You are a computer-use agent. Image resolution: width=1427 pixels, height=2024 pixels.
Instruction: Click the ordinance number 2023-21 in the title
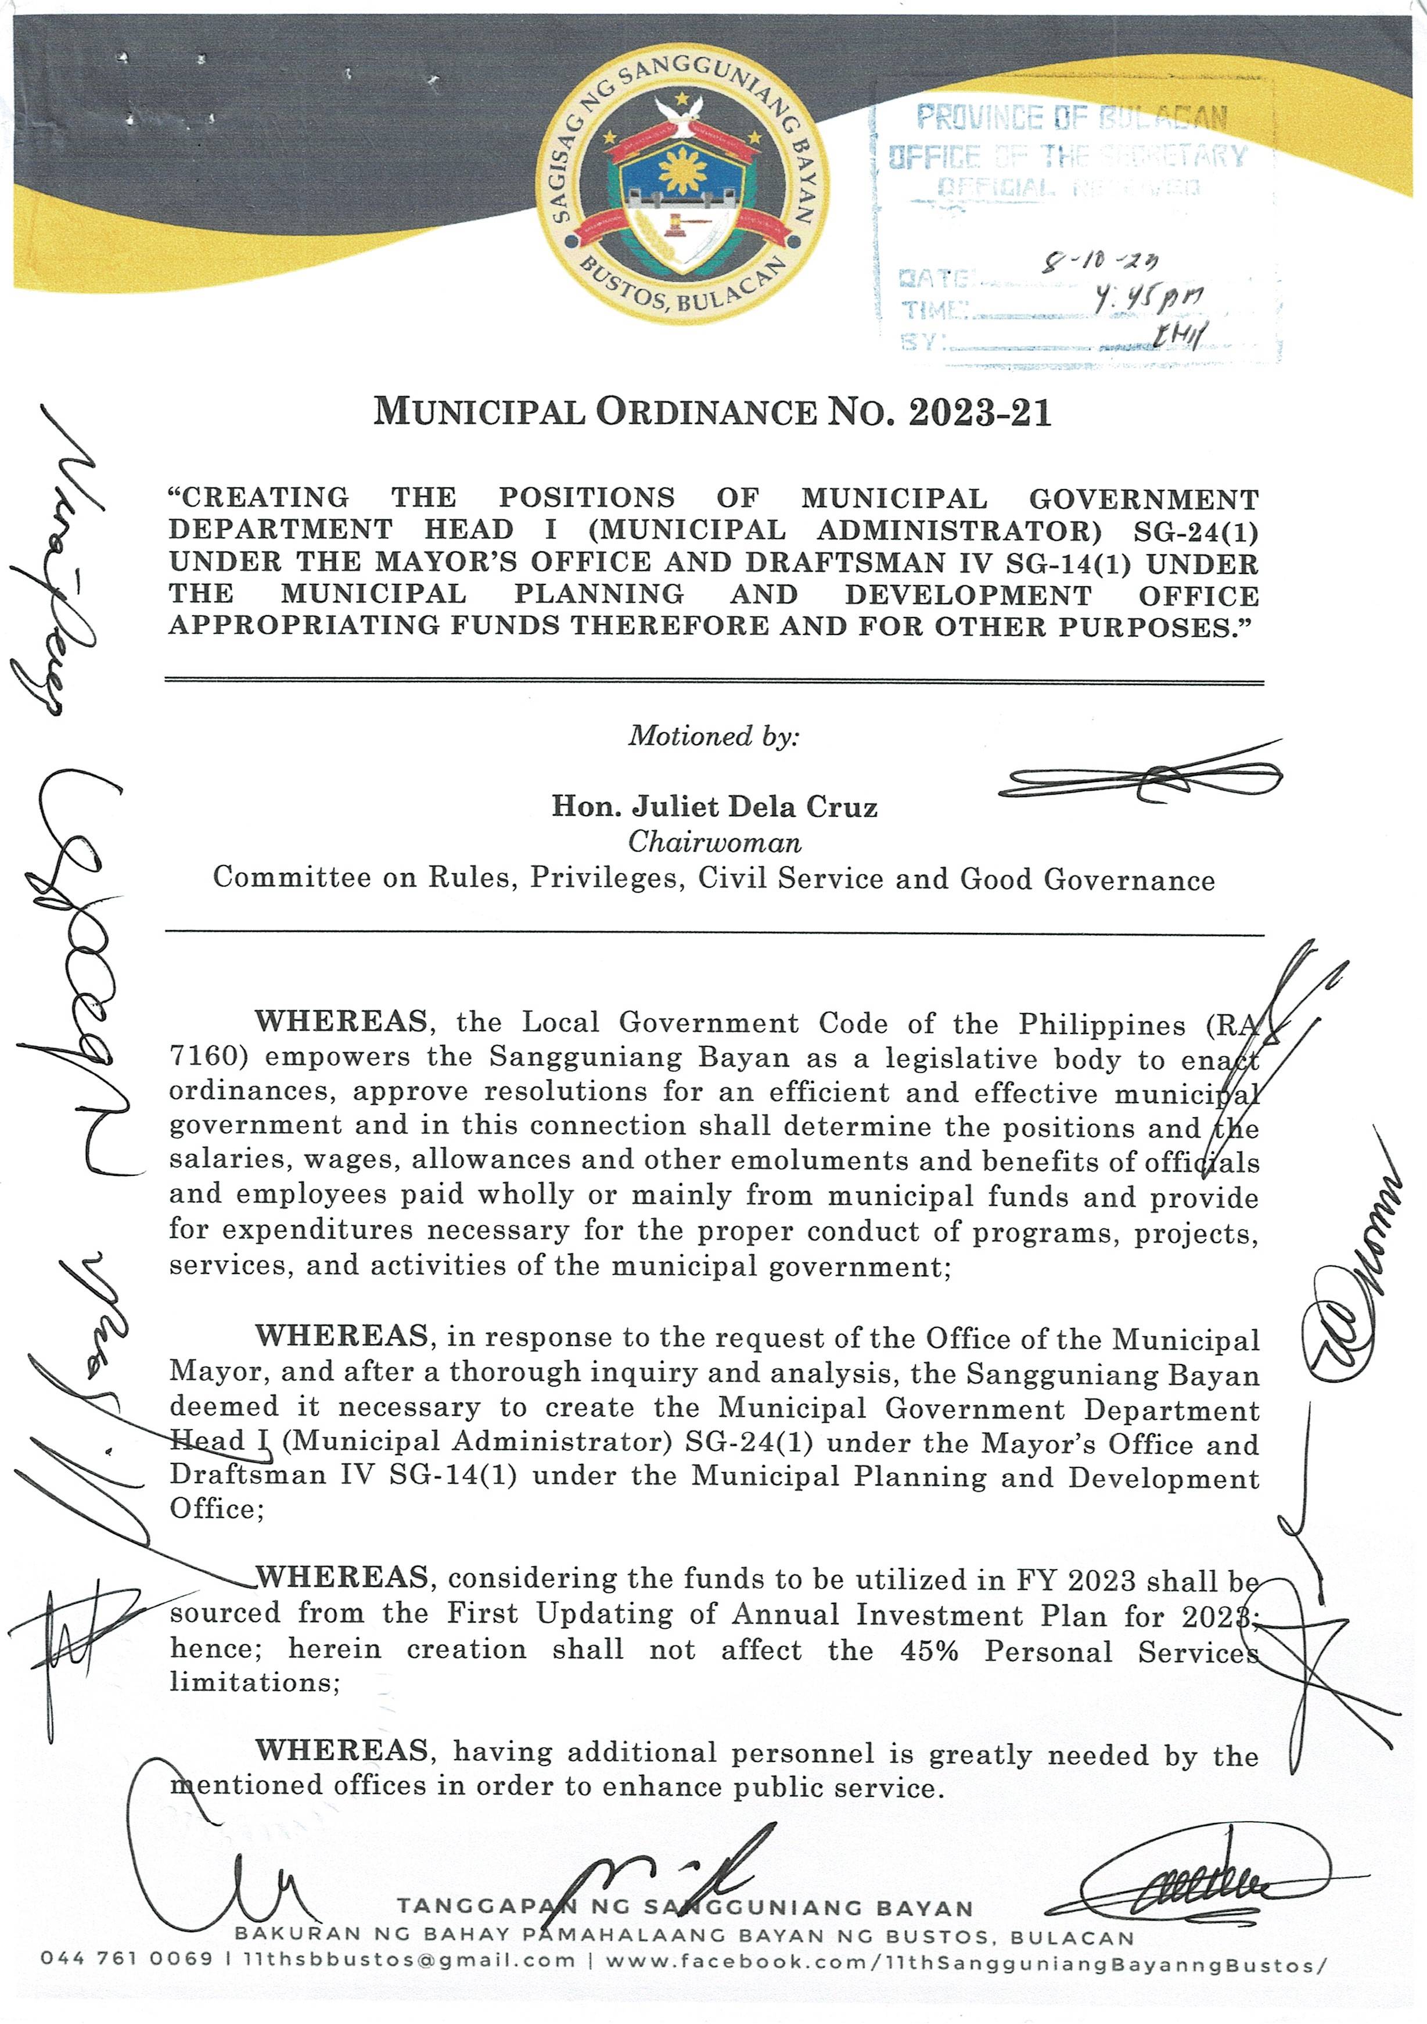coord(980,412)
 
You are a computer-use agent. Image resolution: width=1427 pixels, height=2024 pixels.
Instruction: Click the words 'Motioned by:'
coord(713,736)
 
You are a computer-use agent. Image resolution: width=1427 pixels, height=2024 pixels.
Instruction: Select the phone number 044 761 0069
coord(126,1960)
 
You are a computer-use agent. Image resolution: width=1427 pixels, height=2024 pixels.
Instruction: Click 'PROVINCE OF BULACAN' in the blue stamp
coord(1071,117)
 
